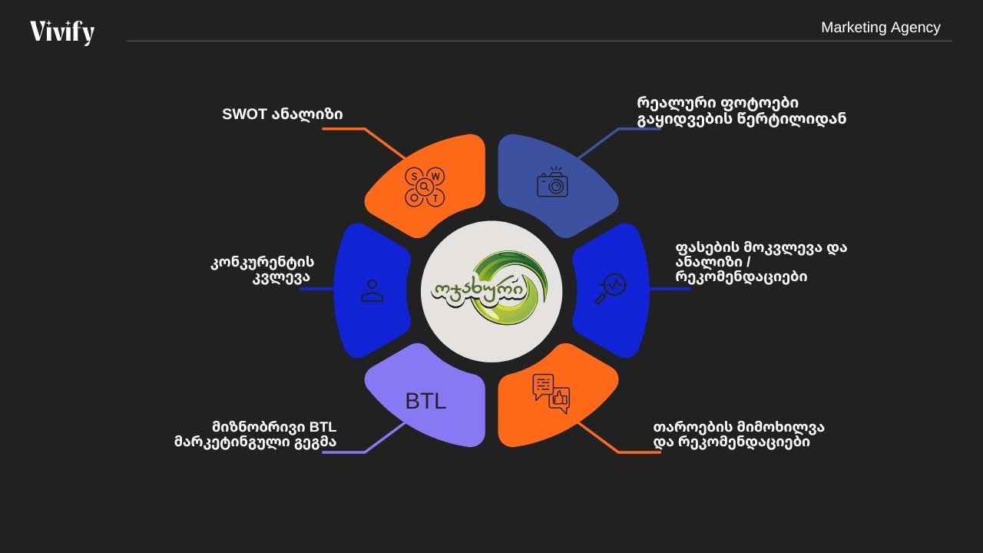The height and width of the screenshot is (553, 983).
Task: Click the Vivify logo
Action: pos(62,32)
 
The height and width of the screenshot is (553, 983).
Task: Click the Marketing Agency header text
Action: pos(880,28)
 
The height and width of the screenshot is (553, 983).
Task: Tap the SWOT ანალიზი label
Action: pos(282,114)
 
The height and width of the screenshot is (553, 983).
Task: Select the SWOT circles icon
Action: pos(425,187)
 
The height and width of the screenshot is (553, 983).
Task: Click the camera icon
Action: pos(552,184)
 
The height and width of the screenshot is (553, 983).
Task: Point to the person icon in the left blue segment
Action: pos(372,290)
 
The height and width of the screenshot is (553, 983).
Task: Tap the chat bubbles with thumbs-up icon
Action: pos(551,392)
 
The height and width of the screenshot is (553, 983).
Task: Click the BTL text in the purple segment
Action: pos(425,401)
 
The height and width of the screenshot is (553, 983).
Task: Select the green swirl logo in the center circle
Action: pos(491,289)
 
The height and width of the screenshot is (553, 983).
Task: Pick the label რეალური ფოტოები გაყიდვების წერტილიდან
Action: pos(741,111)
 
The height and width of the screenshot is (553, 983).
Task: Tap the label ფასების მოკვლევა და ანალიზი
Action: pos(761,262)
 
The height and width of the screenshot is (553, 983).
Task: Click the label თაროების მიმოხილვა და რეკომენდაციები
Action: pos(739,435)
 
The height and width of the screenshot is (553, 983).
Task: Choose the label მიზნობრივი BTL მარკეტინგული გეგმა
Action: pos(256,435)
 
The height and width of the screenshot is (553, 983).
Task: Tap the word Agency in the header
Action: pos(915,28)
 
